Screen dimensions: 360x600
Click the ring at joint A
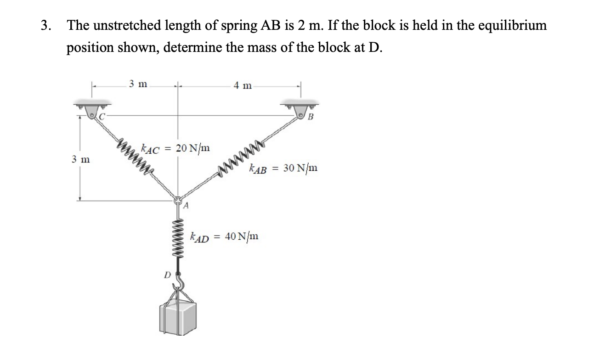178,200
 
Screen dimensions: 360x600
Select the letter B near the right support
310,117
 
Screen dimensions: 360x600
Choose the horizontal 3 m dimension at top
137,84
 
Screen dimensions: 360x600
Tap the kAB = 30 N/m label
283,169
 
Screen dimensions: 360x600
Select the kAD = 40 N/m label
224,237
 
